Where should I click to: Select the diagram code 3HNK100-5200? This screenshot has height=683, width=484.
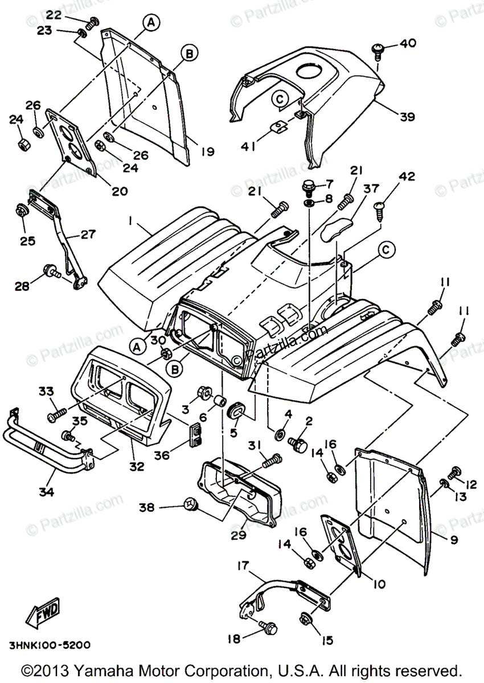(x=50, y=645)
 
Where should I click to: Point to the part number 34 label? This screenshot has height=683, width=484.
(x=47, y=491)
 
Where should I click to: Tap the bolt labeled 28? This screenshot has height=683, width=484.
(x=50, y=273)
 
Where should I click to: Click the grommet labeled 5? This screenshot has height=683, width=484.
(x=236, y=410)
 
